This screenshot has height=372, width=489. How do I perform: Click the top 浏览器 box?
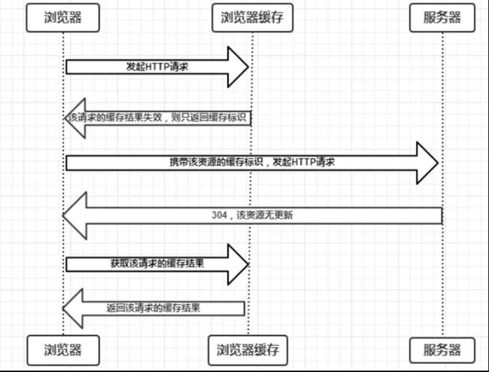[62, 17]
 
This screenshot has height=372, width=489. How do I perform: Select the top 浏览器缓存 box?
[252, 17]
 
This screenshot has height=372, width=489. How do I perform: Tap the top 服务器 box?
[442, 17]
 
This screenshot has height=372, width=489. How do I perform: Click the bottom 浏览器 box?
[63, 350]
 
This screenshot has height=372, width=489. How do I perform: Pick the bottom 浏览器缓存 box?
[248, 350]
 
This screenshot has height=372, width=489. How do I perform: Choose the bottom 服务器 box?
[442, 350]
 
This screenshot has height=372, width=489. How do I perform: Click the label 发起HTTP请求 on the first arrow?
[157, 67]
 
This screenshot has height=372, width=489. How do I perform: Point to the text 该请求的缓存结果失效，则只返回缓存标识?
[157, 117]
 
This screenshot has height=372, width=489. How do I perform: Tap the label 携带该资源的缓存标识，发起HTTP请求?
[252, 162]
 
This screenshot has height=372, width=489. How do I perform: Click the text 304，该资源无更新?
[252, 215]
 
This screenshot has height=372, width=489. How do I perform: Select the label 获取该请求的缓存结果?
[157, 264]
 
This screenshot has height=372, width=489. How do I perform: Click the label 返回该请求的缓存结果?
[153, 308]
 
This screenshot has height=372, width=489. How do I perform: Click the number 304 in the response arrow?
[219, 215]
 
